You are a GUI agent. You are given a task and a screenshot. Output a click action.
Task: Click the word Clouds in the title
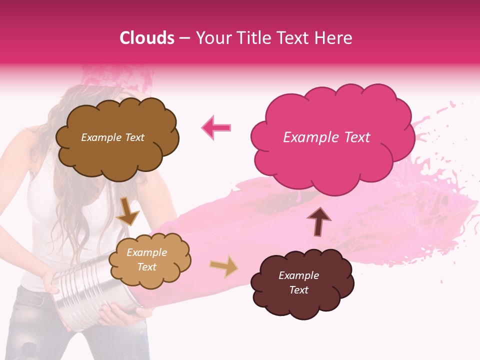[147, 38]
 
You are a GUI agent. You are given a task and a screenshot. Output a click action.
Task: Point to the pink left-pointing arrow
[216, 127]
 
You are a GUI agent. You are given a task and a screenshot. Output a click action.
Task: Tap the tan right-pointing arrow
[224, 266]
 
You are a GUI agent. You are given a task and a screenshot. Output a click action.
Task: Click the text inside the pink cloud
[326, 137]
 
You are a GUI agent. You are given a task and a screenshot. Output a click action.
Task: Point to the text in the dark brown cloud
[298, 282]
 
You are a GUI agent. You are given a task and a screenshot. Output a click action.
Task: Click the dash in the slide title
[184, 38]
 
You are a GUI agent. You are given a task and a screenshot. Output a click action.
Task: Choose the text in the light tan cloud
[146, 260]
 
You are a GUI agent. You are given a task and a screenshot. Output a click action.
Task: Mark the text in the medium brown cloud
[112, 137]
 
